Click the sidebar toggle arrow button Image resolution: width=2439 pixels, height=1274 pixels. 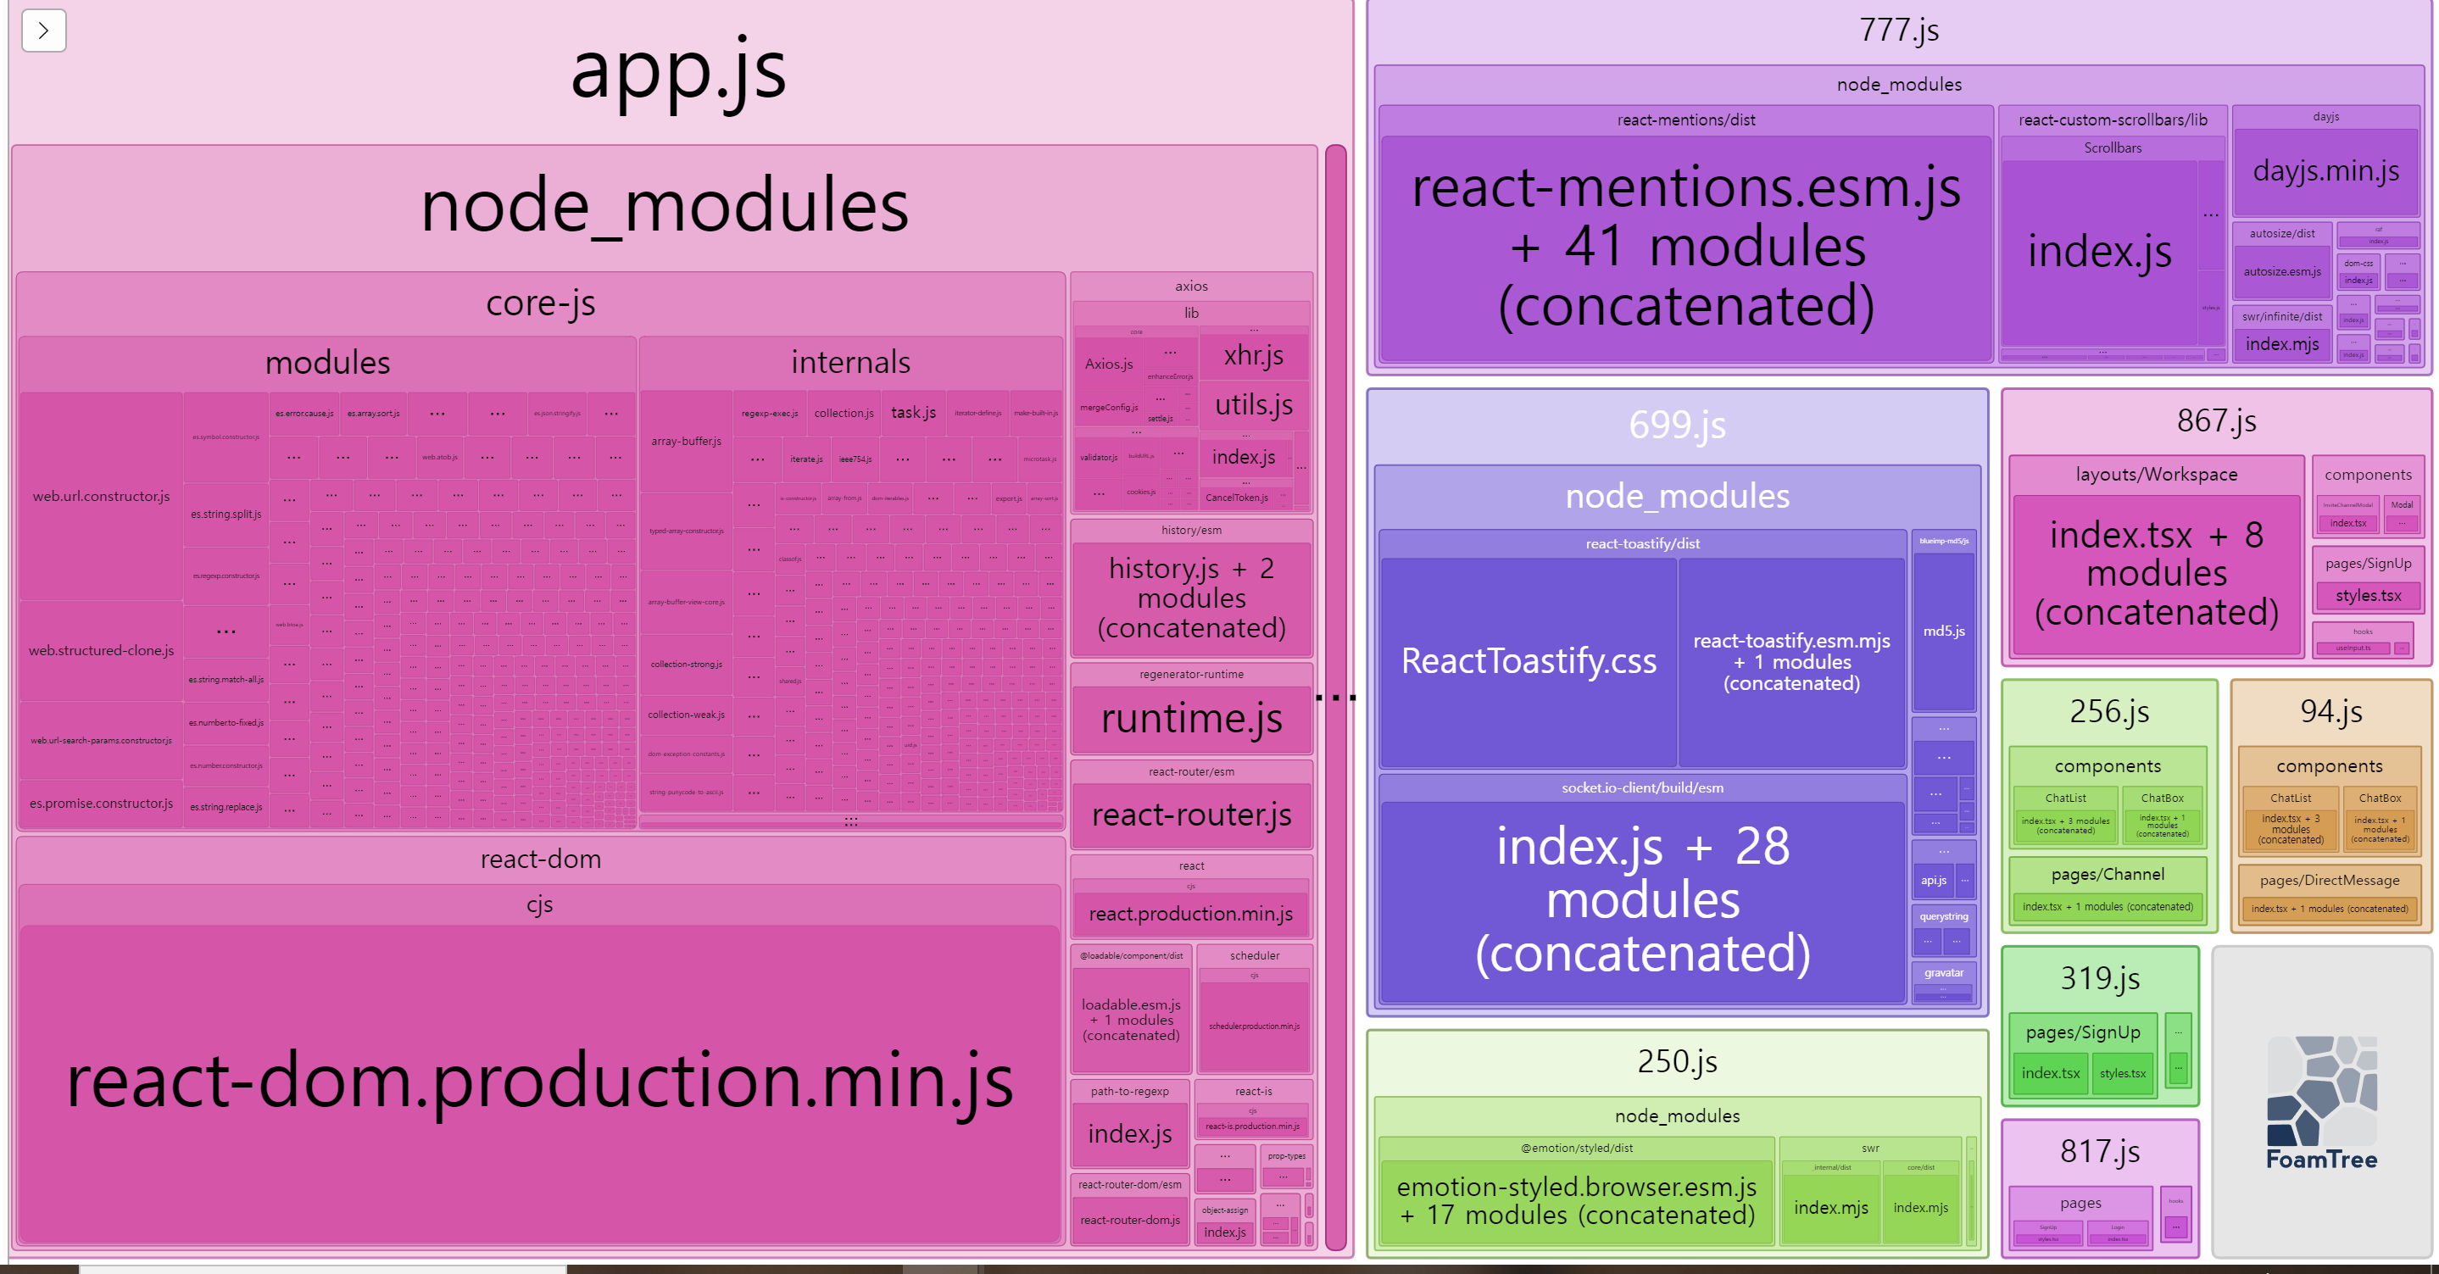(43, 31)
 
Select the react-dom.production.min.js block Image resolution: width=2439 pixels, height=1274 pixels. (540, 1081)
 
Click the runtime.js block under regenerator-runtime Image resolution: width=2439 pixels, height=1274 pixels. (1191, 719)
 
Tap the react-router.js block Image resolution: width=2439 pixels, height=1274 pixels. (1191, 815)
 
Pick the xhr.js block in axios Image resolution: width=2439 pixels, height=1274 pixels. (1254, 356)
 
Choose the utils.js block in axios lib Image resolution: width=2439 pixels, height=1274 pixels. (1254, 405)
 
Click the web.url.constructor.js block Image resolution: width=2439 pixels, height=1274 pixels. (102, 496)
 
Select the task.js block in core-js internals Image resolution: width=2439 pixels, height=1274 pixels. (913, 413)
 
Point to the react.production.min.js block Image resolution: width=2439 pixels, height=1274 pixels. (1190, 914)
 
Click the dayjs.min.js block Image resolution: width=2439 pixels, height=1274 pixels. (2325, 171)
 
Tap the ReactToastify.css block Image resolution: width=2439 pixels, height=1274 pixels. (1529, 660)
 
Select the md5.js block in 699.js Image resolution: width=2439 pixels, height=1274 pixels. (1944, 631)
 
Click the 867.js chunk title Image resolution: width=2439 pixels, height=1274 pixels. (2215, 420)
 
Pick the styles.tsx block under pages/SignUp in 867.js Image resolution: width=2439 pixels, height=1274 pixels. (2368, 595)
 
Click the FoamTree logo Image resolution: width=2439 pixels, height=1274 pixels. (2322, 1103)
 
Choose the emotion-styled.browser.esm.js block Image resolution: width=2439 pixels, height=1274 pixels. (1575, 1200)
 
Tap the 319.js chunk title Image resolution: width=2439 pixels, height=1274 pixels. (2100, 977)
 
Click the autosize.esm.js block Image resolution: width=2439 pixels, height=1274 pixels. (2282, 271)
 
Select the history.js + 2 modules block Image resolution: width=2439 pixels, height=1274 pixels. (1191, 598)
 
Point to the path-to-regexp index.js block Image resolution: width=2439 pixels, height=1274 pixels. (1129, 1134)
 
